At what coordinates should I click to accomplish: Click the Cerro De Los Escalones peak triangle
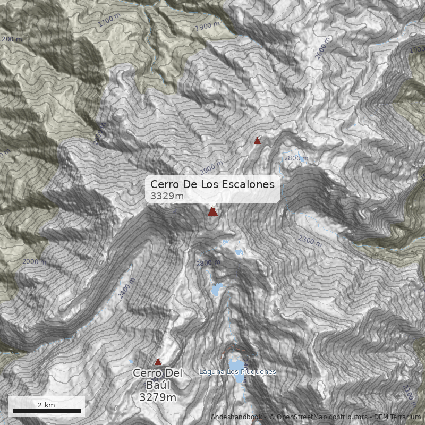[x=212, y=212]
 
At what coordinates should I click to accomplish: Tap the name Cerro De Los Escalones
[x=212, y=184]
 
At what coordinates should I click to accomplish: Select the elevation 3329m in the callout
[x=167, y=196]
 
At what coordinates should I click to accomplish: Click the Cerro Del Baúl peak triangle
[x=158, y=361]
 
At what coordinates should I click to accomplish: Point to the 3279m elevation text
[x=158, y=397]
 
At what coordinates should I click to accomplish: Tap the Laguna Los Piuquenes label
[x=237, y=372]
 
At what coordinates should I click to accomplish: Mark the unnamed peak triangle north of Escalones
[x=258, y=140]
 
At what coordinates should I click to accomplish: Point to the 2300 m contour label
[x=310, y=241]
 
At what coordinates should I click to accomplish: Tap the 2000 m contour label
[x=35, y=261]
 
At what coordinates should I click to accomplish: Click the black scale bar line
[x=46, y=411]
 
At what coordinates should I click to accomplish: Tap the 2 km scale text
[x=46, y=405]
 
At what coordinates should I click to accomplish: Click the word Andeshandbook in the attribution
[x=236, y=417]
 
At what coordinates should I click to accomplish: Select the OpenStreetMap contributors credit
[x=319, y=417]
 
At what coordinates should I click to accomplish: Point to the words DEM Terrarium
[x=397, y=417]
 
